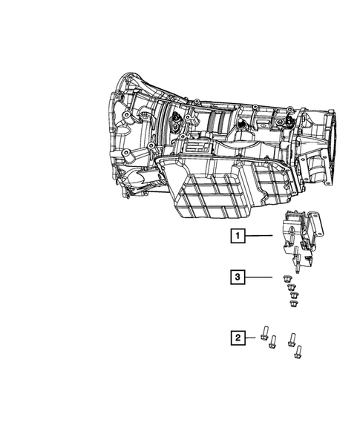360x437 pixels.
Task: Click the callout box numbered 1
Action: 237,237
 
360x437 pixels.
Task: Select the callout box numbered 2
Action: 237,338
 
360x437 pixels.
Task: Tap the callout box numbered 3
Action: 237,277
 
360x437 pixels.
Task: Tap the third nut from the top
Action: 292,295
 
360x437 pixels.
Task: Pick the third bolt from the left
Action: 292,338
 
